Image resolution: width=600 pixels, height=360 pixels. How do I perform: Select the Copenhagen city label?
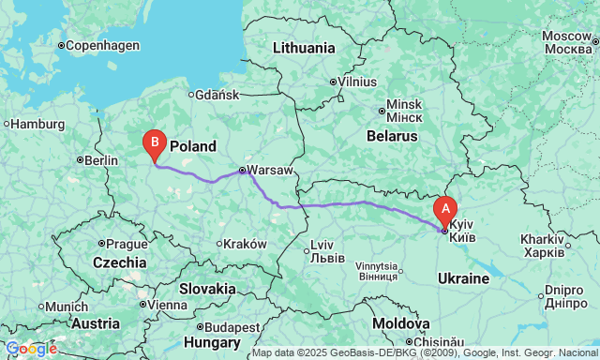tap(101, 45)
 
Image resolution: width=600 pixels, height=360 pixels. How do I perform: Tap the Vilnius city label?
tap(355, 82)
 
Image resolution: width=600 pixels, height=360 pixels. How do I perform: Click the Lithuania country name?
tap(303, 48)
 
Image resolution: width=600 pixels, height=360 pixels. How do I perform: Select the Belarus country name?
tap(390, 136)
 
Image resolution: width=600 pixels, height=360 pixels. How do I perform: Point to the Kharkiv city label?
tap(544, 246)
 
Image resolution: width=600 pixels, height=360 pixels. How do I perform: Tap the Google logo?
tap(30, 349)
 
